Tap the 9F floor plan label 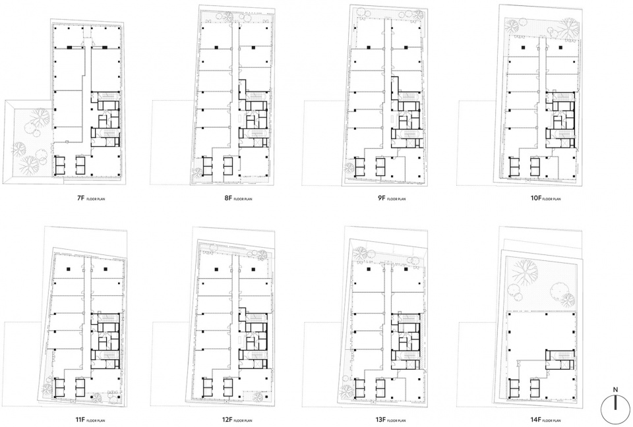click(391, 198)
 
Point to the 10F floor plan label click(546, 198)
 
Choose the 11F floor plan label click(90, 420)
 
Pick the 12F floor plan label click(237, 420)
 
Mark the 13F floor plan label click(391, 420)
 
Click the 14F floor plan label click(546, 420)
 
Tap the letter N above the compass click(615, 389)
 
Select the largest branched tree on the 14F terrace click(524, 271)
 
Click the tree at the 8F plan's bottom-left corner click(196, 172)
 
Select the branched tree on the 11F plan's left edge click(47, 389)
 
